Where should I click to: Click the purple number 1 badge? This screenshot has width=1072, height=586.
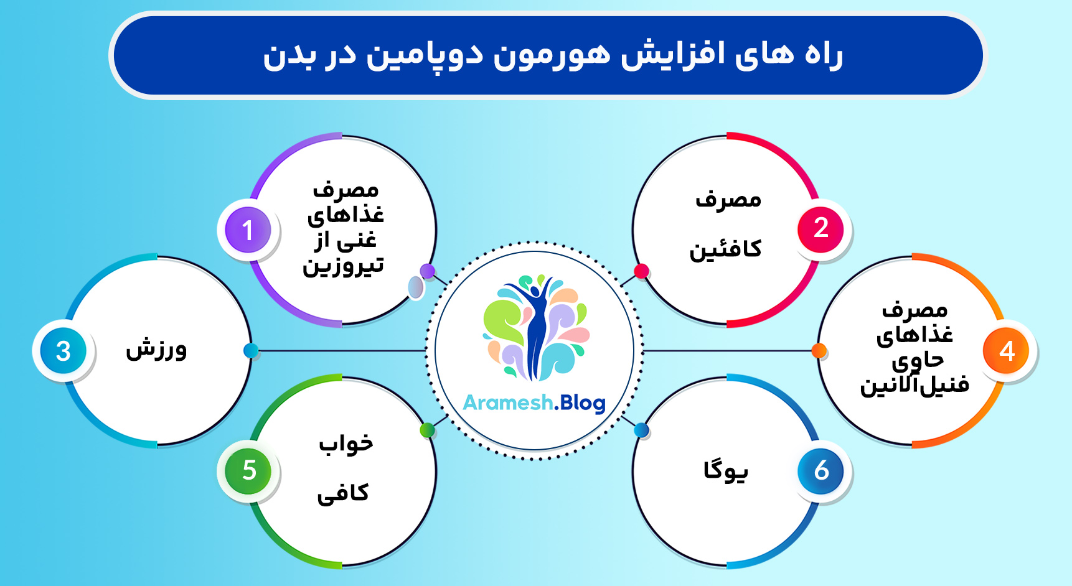tap(248, 230)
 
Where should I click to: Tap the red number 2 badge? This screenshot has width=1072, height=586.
tap(820, 229)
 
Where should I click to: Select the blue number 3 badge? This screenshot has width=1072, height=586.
tap(63, 351)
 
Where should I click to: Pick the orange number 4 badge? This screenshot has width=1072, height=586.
tap(1006, 351)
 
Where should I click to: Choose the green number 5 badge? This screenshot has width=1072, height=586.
tap(248, 471)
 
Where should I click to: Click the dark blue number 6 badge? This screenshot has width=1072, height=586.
tap(820, 471)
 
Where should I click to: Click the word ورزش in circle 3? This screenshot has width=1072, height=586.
tap(156, 350)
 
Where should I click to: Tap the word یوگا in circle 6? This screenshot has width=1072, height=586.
tap(726, 470)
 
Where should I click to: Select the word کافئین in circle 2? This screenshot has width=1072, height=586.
tap(725, 249)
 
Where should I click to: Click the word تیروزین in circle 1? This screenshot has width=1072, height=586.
tap(344, 266)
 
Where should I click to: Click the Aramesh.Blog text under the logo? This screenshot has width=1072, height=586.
tap(534, 403)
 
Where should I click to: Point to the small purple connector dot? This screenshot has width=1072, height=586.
tap(427, 271)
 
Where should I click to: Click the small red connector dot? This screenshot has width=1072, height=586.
tap(641, 271)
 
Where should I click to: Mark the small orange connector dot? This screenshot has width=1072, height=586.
tap(819, 351)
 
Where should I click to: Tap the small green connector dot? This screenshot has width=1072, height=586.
tap(427, 430)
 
